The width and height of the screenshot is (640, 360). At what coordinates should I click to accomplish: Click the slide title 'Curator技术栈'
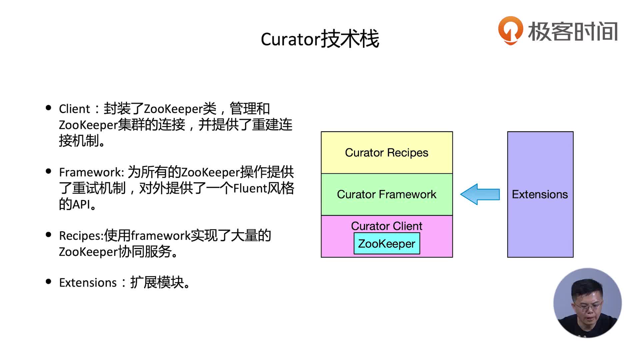[320, 39]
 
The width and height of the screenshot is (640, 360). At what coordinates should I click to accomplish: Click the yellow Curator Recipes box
[387, 153]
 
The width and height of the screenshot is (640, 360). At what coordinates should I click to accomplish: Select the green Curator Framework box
[387, 194]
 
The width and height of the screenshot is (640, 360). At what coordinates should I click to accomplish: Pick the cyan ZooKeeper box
[387, 244]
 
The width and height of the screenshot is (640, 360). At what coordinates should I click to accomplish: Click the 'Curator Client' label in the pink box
[387, 226]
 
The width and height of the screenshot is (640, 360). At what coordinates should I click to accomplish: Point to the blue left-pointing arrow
[480, 194]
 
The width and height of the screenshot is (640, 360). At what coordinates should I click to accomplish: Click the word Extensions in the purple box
[540, 194]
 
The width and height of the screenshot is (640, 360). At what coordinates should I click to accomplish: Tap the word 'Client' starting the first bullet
[74, 109]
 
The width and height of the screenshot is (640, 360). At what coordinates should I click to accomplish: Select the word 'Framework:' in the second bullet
[92, 172]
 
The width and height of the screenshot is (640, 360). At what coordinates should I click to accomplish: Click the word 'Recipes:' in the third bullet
[81, 236]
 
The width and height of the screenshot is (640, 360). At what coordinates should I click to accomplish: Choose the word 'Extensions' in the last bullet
[88, 283]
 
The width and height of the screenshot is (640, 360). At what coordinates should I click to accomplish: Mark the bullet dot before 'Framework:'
[49, 171]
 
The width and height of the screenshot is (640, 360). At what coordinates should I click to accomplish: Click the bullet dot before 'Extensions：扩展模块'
[49, 282]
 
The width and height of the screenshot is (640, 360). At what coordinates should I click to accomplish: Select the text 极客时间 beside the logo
[573, 32]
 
